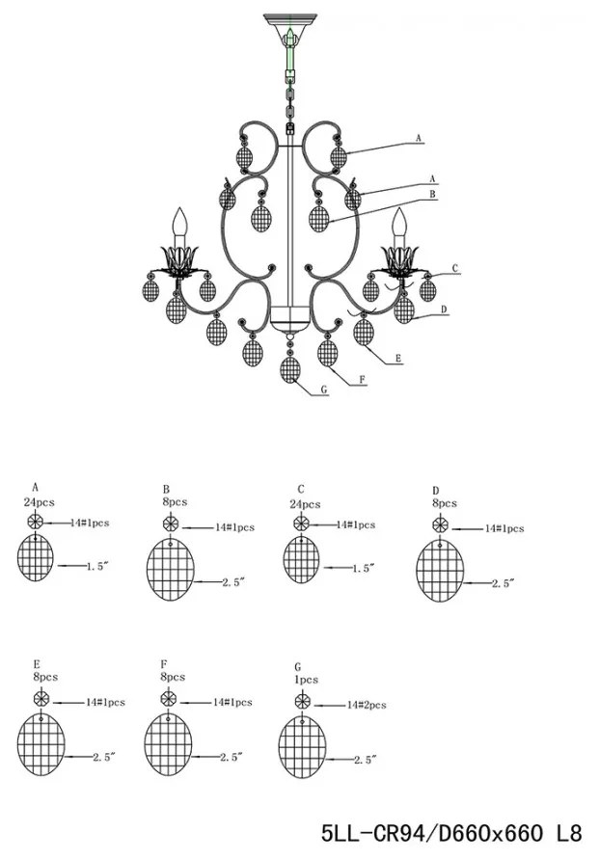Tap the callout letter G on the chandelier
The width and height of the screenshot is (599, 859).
coord(325,390)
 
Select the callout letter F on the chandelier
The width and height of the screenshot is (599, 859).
coord(362,380)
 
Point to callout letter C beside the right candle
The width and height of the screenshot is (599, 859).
coord(454,268)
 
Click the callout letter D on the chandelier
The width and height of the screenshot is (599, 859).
coord(443,309)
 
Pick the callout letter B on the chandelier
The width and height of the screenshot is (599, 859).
coord(433,194)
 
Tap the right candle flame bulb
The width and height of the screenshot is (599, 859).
coord(397,224)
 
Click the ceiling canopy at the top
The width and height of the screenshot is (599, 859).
coord(292,20)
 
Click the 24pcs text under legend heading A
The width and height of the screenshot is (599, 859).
coord(39,503)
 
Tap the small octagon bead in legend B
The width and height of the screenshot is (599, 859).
coord(171,524)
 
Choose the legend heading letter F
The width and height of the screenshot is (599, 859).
coord(165,665)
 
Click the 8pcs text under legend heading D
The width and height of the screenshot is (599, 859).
coord(444,503)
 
